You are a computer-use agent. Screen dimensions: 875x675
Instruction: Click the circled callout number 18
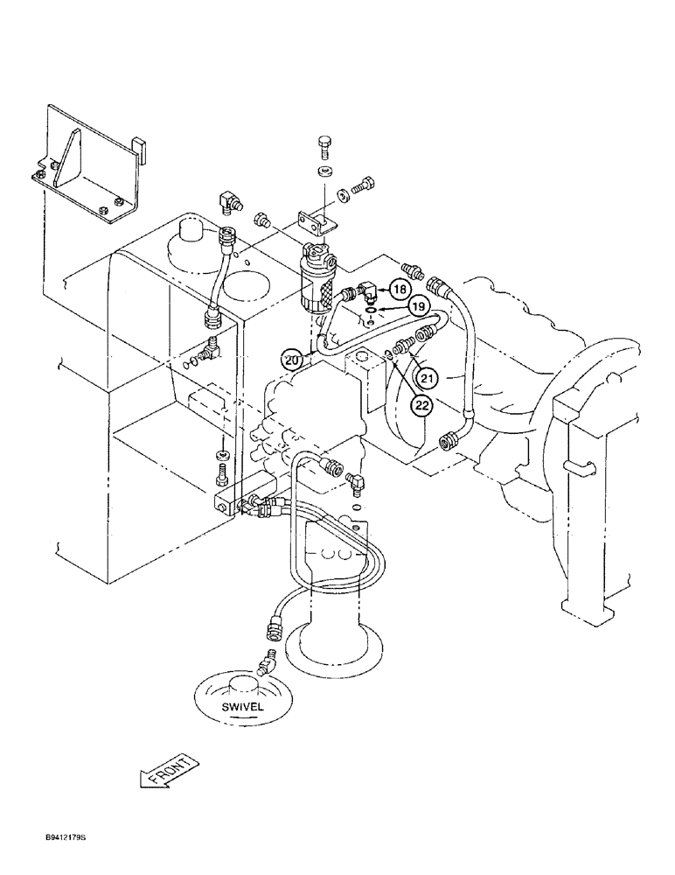(399, 289)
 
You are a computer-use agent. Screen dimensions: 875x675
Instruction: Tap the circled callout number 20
(293, 358)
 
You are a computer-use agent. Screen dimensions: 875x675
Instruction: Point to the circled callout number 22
(422, 404)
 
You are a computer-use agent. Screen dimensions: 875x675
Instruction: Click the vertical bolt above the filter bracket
(325, 146)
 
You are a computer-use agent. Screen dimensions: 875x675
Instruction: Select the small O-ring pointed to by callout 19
(370, 309)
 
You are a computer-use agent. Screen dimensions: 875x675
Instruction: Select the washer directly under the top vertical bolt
(325, 170)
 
